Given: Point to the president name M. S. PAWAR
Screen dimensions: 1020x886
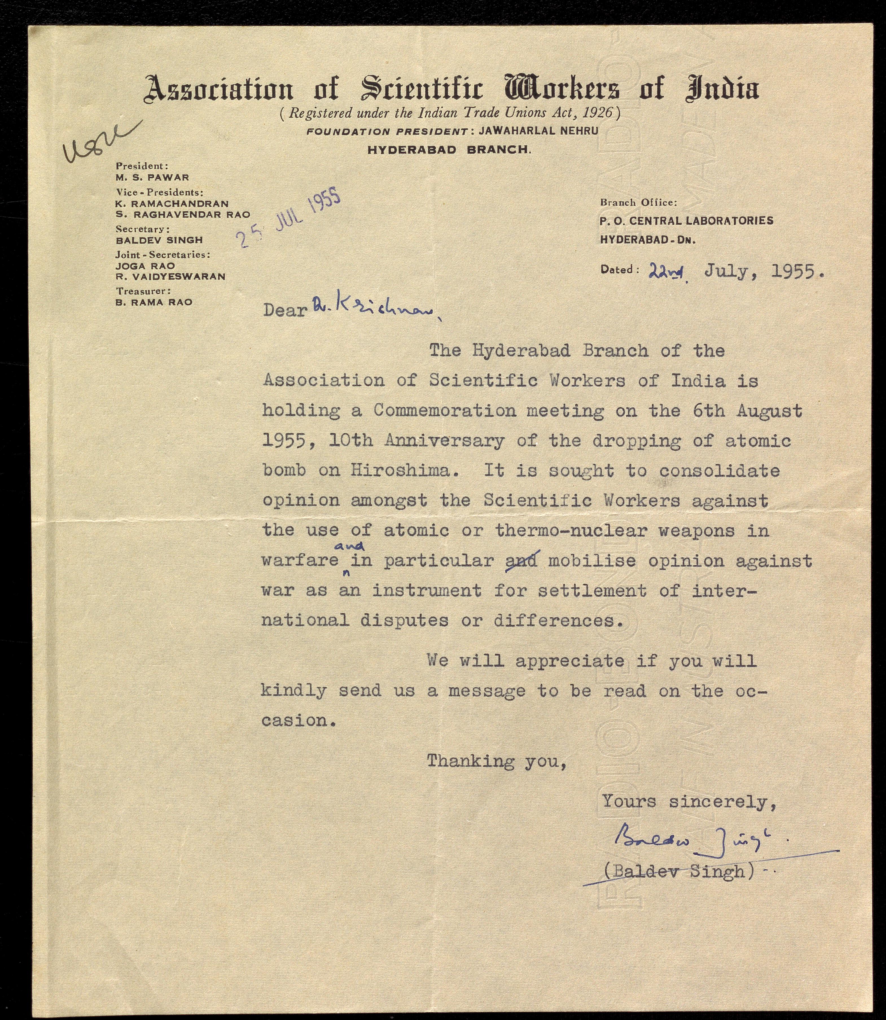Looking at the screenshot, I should tap(152, 177).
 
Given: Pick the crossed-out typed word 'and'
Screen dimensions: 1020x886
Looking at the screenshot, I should tap(522, 561).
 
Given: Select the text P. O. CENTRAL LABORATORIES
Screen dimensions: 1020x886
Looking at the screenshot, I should tap(686, 221).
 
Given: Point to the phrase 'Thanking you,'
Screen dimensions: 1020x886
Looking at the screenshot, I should tap(496, 761).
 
